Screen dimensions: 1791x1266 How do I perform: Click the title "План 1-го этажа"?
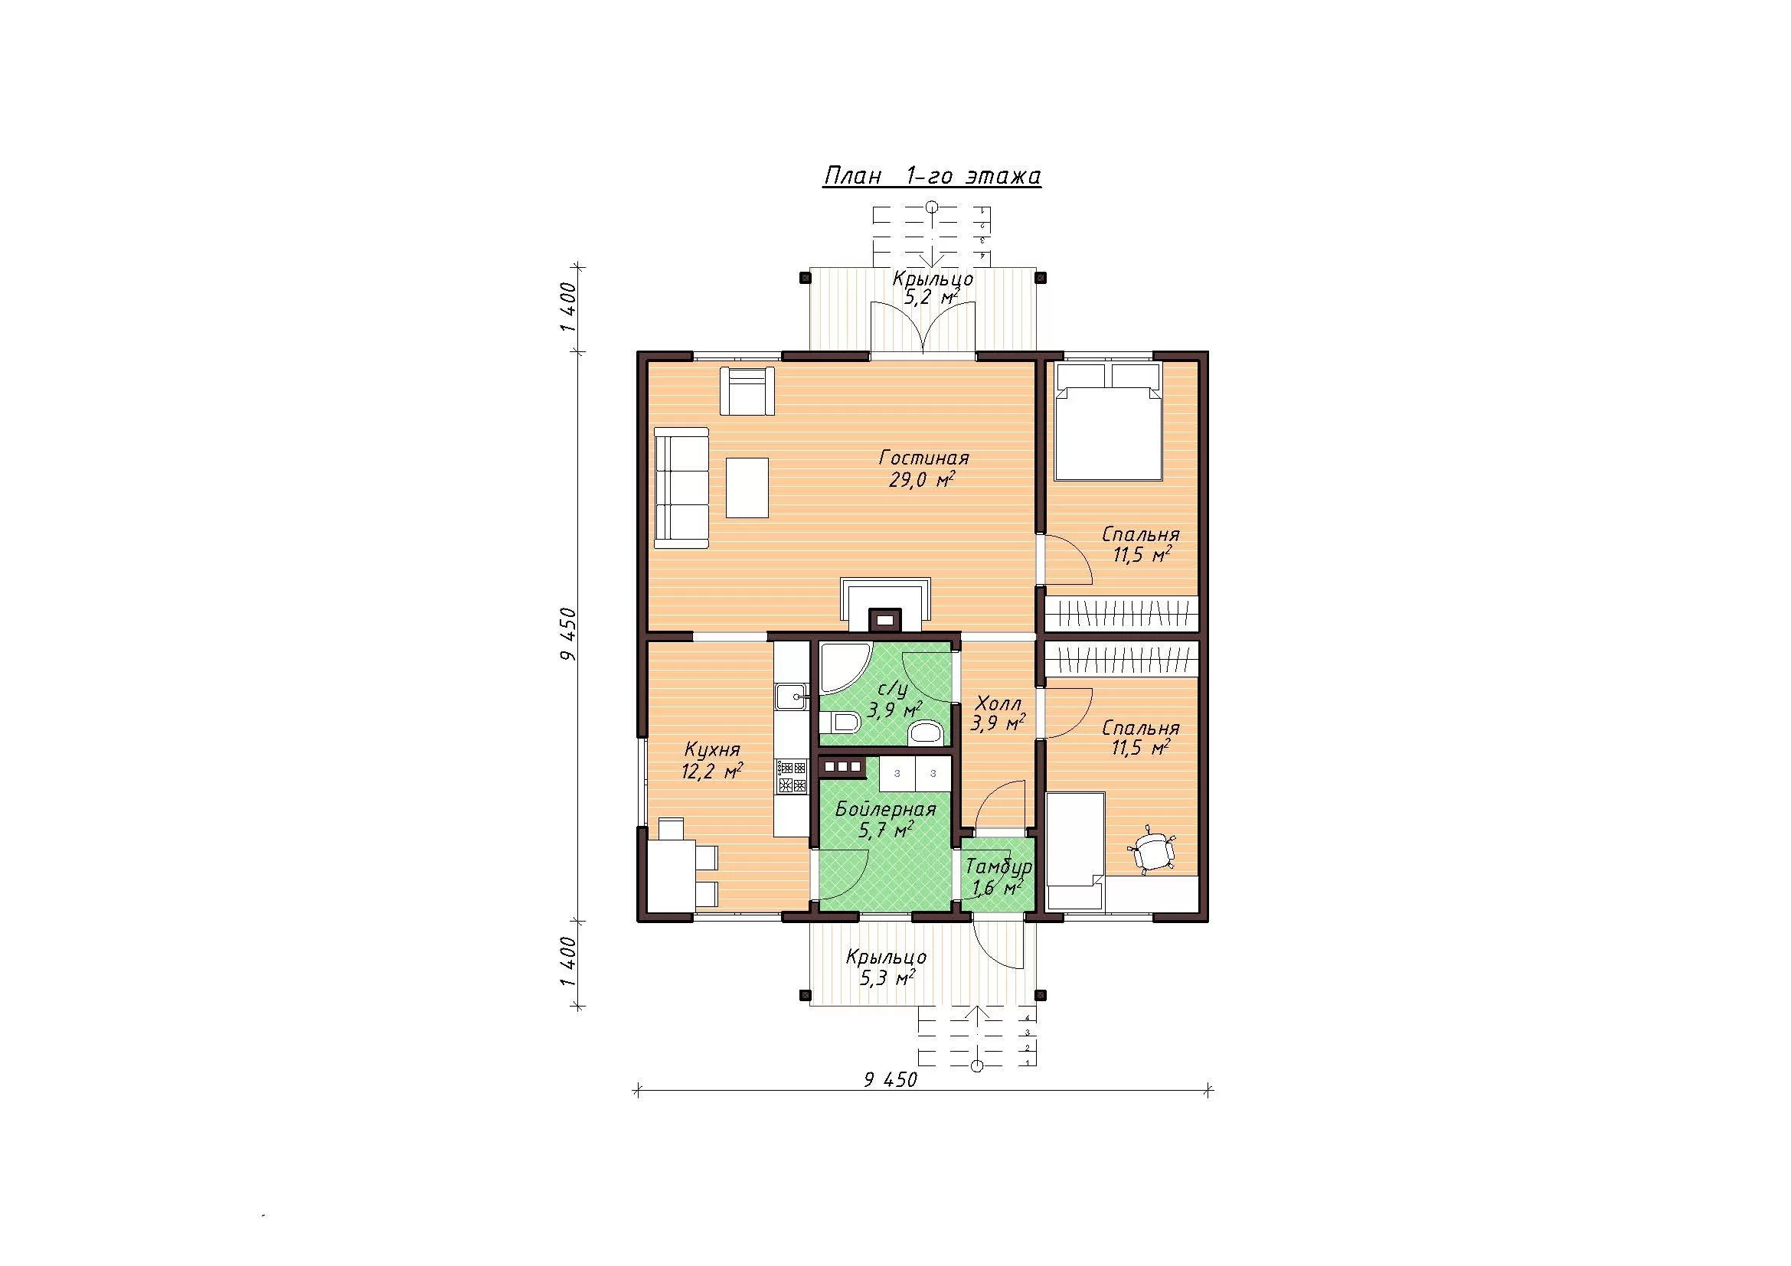pos(932,177)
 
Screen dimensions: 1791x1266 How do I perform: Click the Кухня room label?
pos(711,750)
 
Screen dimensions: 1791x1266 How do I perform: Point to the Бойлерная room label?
pos(885,809)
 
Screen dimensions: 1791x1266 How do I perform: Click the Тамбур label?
pos(999,868)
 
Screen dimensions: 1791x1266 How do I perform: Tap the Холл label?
pos(998,703)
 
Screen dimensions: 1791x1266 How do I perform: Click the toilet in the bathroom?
pos(842,723)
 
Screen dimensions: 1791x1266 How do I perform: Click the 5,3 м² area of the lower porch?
pos(887,978)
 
